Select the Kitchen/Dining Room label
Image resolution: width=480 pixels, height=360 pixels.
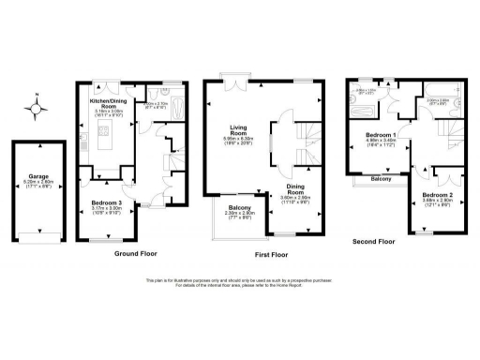click(x=106, y=102)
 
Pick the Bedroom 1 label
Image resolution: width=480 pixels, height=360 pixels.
click(x=381, y=137)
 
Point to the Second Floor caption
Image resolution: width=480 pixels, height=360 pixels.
click(x=372, y=241)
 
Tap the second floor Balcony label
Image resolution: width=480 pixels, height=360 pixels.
click(x=380, y=178)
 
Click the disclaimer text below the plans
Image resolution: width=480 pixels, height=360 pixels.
click(x=240, y=282)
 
